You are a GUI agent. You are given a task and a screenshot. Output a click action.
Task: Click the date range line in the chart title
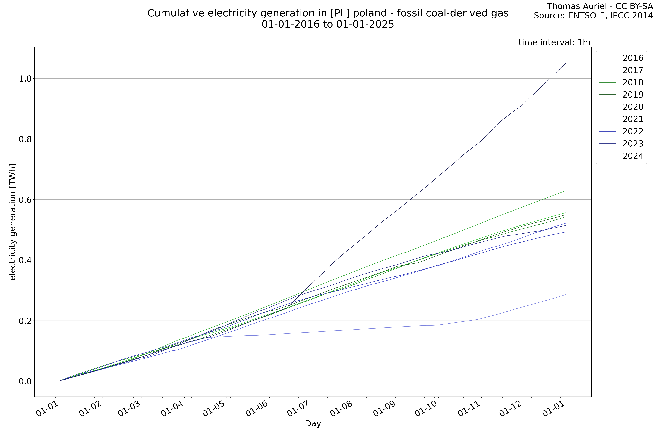click(328, 25)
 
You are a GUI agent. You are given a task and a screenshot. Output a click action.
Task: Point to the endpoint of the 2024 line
click(566, 63)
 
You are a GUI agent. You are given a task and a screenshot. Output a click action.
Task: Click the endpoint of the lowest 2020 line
click(566, 294)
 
